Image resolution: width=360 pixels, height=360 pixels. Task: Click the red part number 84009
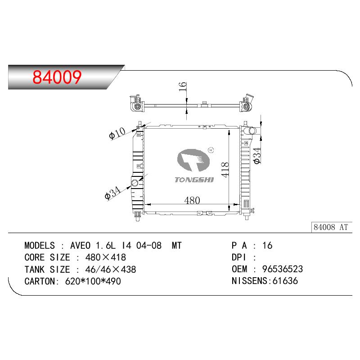click(x=57, y=76)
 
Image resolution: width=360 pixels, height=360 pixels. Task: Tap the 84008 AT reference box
click(x=331, y=227)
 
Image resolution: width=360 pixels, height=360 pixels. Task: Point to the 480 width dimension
click(x=192, y=200)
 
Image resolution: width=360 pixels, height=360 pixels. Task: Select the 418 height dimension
click(x=225, y=170)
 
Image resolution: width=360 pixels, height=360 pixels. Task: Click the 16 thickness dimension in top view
click(x=183, y=86)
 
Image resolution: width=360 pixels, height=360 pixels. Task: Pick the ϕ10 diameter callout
click(x=117, y=133)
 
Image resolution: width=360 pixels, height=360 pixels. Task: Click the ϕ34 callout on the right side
click(x=257, y=155)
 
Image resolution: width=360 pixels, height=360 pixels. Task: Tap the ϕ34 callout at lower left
click(x=112, y=193)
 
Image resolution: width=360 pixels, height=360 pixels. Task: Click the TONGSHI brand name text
click(x=194, y=180)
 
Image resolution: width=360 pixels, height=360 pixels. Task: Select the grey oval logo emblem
click(x=193, y=160)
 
